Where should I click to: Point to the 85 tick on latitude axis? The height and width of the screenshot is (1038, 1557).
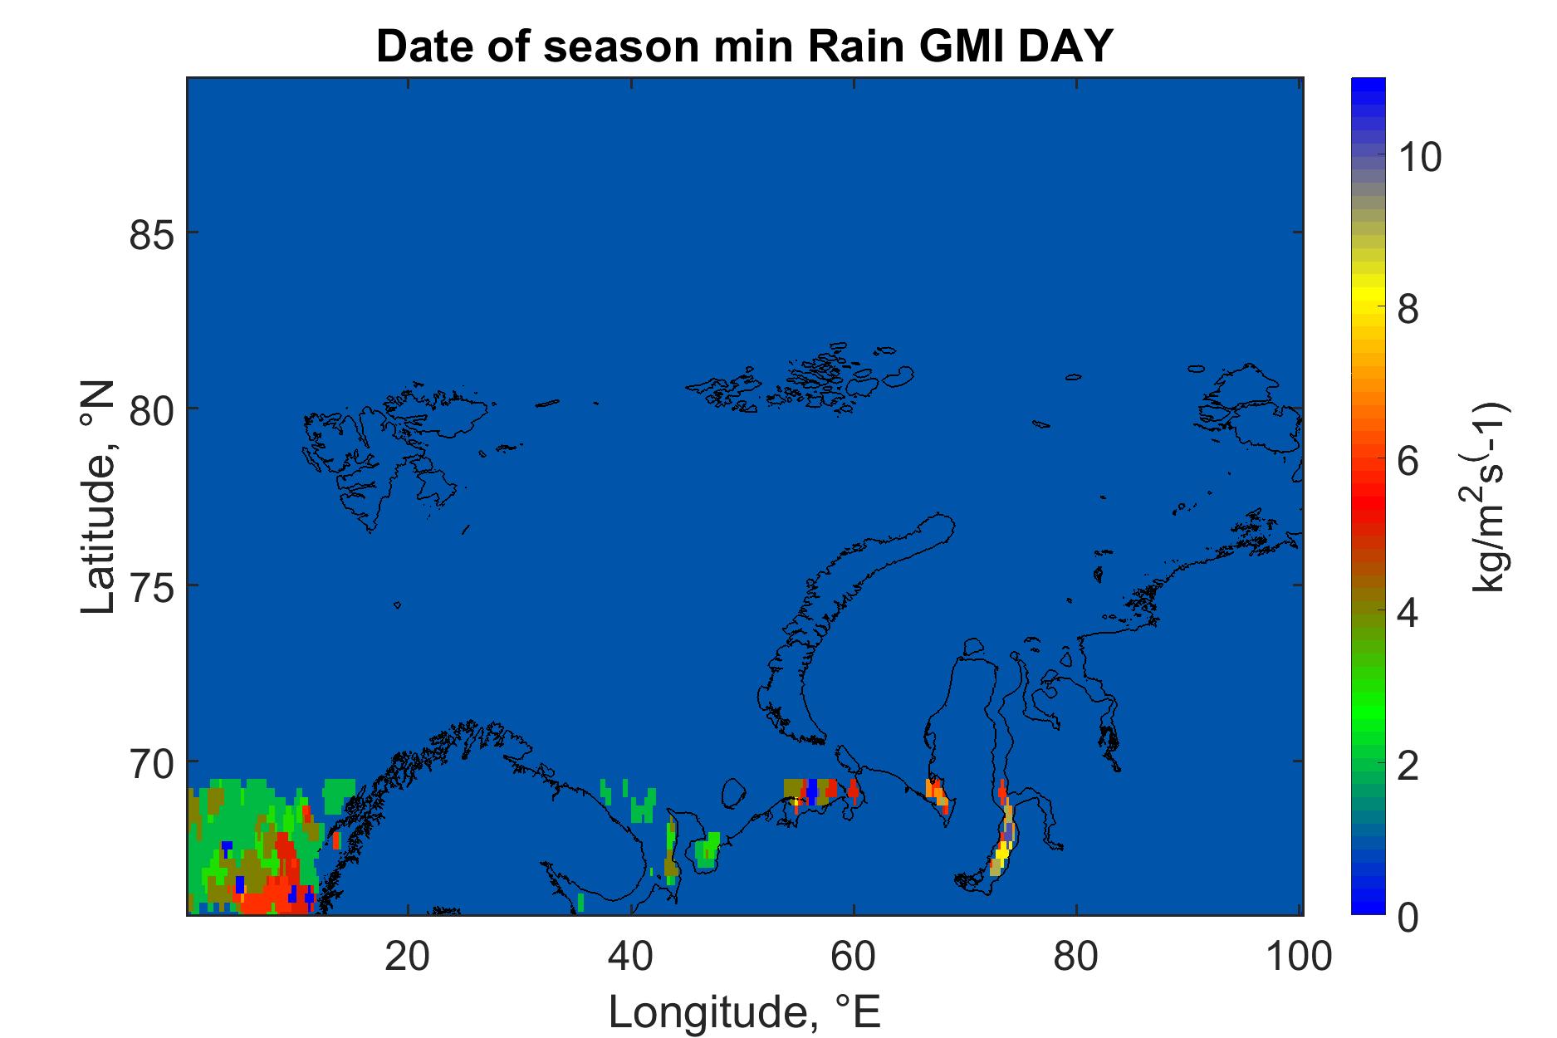152,233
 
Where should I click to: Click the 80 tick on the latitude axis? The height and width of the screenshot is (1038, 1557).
152,409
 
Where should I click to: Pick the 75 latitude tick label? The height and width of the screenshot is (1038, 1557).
152,585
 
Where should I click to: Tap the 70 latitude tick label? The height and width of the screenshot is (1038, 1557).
152,761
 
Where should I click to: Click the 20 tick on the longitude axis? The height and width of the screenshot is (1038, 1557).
409,957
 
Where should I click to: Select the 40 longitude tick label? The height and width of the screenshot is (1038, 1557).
632,957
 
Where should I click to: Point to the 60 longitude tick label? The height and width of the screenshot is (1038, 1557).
854,957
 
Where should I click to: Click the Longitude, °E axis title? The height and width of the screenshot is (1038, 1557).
745,1012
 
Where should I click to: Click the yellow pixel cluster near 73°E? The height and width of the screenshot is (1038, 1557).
1002,851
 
